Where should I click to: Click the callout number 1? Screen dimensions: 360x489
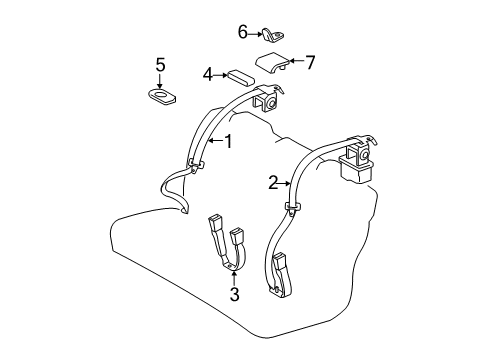tap(228, 142)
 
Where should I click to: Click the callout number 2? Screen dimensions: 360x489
tap(272, 182)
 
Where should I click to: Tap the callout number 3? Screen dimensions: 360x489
tap(235, 294)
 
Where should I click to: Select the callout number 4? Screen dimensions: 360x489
tap(208, 73)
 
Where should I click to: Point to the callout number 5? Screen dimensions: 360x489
tap(159, 65)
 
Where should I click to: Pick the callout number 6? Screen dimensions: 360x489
tap(242, 32)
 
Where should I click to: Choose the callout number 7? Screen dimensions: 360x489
tap(310, 62)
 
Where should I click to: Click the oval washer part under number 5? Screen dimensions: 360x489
tap(161, 96)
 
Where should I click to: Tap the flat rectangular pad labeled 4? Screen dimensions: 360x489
tap(240, 75)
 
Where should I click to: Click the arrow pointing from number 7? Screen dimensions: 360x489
tap(297, 63)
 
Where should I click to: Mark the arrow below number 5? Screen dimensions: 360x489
tap(159, 81)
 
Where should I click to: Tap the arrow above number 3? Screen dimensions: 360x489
tap(235, 277)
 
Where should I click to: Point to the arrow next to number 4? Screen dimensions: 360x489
tap(221, 73)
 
